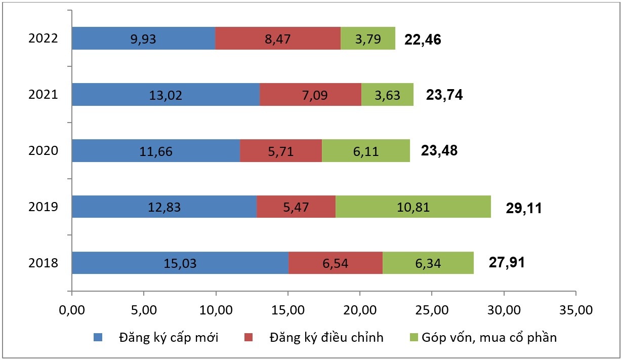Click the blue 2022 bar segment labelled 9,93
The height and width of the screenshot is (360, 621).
click(x=143, y=38)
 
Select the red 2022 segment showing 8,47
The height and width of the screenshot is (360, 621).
click(x=278, y=38)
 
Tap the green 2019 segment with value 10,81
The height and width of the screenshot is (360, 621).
click(x=413, y=207)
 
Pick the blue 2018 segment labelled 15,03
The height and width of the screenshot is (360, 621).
click(x=180, y=263)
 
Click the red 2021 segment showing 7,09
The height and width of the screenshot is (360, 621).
click(x=310, y=95)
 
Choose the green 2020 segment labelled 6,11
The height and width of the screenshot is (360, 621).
click(x=366, y=151)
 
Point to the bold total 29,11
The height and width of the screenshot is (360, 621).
click(x=524, y=208)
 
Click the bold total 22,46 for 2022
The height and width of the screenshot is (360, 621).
click(x=423, y=39)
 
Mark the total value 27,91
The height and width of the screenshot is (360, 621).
click(x=507, y=263)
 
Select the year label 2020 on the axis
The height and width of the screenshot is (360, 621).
click(x=44, y=151)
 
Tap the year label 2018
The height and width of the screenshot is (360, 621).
click(x=44, y=263)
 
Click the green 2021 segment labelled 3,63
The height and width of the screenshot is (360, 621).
click(x=387, y=95)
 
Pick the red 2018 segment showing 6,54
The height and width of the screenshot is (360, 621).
click(x=335, y=263)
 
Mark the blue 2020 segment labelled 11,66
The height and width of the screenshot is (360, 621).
click(x=155, y=151)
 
